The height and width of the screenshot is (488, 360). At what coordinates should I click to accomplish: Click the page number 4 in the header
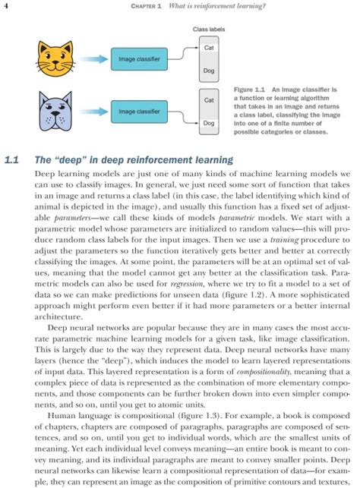coord(6,7)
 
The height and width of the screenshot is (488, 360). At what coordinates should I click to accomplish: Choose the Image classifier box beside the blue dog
coord(139,112)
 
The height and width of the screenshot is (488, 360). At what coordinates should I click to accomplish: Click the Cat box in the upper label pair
coord(209,48)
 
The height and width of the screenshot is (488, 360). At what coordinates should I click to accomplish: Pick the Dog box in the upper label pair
coord(209,70)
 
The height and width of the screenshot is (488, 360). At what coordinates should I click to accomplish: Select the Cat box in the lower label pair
coord(209,100)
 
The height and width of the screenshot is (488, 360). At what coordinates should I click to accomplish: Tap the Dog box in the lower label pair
coord(209,122)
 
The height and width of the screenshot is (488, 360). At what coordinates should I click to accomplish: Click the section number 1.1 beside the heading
coord(11,160)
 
